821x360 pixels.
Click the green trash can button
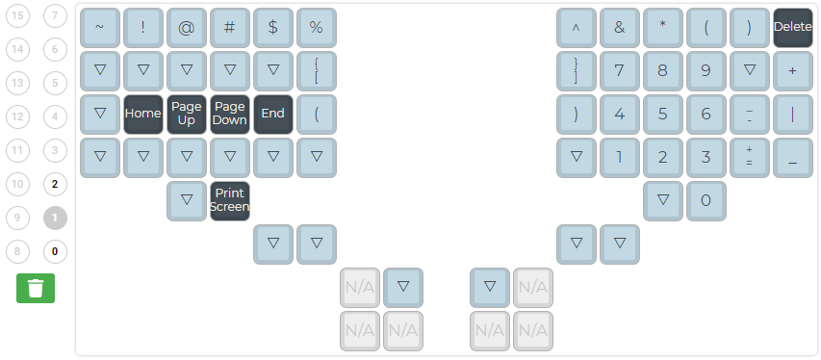point(36,288)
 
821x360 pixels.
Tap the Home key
point(142,114)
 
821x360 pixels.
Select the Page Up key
point(186,114)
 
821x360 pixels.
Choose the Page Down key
point(229,114)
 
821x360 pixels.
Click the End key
point(272,114)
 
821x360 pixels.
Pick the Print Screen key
point(229,200)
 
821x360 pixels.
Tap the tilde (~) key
point(99,27)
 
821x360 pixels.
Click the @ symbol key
point(186,27)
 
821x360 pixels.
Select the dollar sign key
point(272,27)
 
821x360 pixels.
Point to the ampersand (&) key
point(619,27)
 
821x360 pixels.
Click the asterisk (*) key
point(662,27)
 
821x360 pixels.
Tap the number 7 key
point(619,70)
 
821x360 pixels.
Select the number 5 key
point(662,114)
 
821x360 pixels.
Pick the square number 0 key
point(706,200)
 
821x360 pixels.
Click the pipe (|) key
point(792,114)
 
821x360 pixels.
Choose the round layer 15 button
point(19,15)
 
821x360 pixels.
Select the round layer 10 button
point(19,184)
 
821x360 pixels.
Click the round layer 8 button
point(19,251)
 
